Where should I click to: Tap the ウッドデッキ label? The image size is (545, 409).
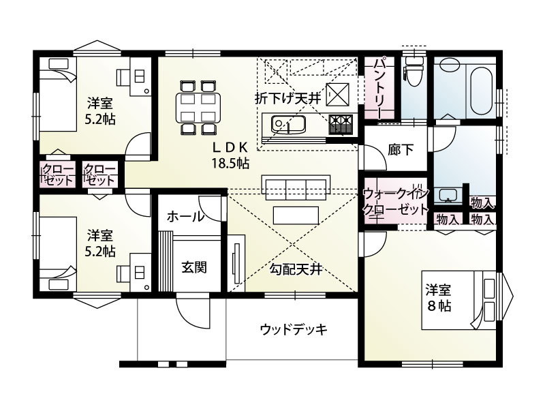(294, 330)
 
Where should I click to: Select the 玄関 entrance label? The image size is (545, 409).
(193, 267)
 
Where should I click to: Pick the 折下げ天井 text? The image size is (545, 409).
(287, 98)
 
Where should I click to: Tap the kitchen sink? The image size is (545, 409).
(284, 125)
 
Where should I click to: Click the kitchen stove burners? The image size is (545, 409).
(341, 124)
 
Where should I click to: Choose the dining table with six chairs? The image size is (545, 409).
(197, 107)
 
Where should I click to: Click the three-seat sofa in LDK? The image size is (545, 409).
(296, 185)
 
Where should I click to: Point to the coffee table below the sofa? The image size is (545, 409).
(296, 214)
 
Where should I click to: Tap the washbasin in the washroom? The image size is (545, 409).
(447, 196)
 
